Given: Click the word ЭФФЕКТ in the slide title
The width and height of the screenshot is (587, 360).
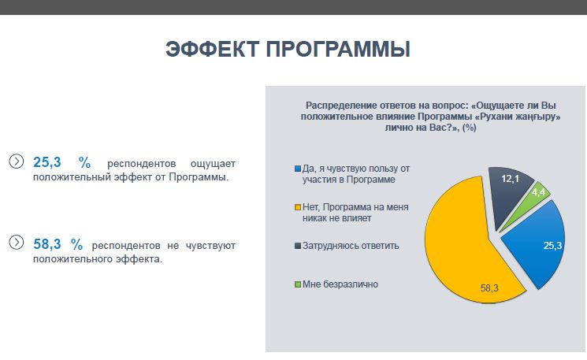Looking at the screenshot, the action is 212,49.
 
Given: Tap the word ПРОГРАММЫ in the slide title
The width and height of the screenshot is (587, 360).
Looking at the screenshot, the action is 338,49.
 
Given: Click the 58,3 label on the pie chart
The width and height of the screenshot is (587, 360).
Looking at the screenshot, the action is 489,288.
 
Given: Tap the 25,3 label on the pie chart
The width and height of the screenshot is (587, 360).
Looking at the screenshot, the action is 552,246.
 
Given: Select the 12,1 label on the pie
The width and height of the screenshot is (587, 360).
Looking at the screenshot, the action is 511,179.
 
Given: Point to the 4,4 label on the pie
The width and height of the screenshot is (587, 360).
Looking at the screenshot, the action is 538,192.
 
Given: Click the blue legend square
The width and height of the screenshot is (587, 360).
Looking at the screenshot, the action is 298,169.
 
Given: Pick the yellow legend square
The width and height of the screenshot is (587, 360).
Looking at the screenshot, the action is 298,207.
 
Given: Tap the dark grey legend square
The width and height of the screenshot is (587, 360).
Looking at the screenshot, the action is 298,246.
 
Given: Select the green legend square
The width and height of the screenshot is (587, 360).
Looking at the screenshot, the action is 298,284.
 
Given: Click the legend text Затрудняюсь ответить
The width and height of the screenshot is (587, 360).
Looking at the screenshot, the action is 351,246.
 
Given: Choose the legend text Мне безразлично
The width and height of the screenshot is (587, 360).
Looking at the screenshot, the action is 340,284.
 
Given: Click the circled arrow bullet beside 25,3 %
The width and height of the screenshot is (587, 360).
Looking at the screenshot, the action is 16,161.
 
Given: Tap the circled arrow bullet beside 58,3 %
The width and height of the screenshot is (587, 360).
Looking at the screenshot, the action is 16,242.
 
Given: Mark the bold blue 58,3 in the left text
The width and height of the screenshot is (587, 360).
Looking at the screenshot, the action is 47,244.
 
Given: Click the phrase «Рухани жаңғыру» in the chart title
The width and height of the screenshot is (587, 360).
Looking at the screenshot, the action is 518,117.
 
